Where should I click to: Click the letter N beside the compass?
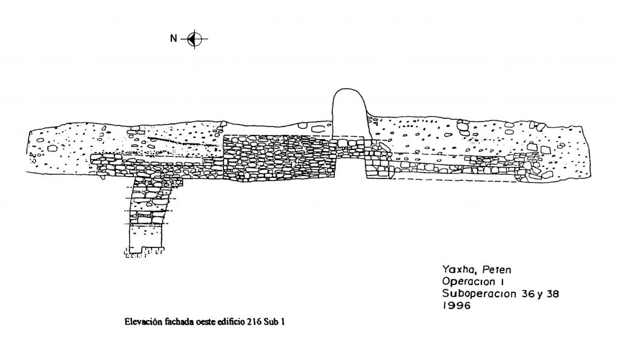click(x=174, y=39)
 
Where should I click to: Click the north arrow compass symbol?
click(x=194, y=39)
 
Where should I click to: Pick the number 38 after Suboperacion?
click(x=552, y=294)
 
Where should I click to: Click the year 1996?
click(x=457, y=306)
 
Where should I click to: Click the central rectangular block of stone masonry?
click(x=279, y=159)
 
